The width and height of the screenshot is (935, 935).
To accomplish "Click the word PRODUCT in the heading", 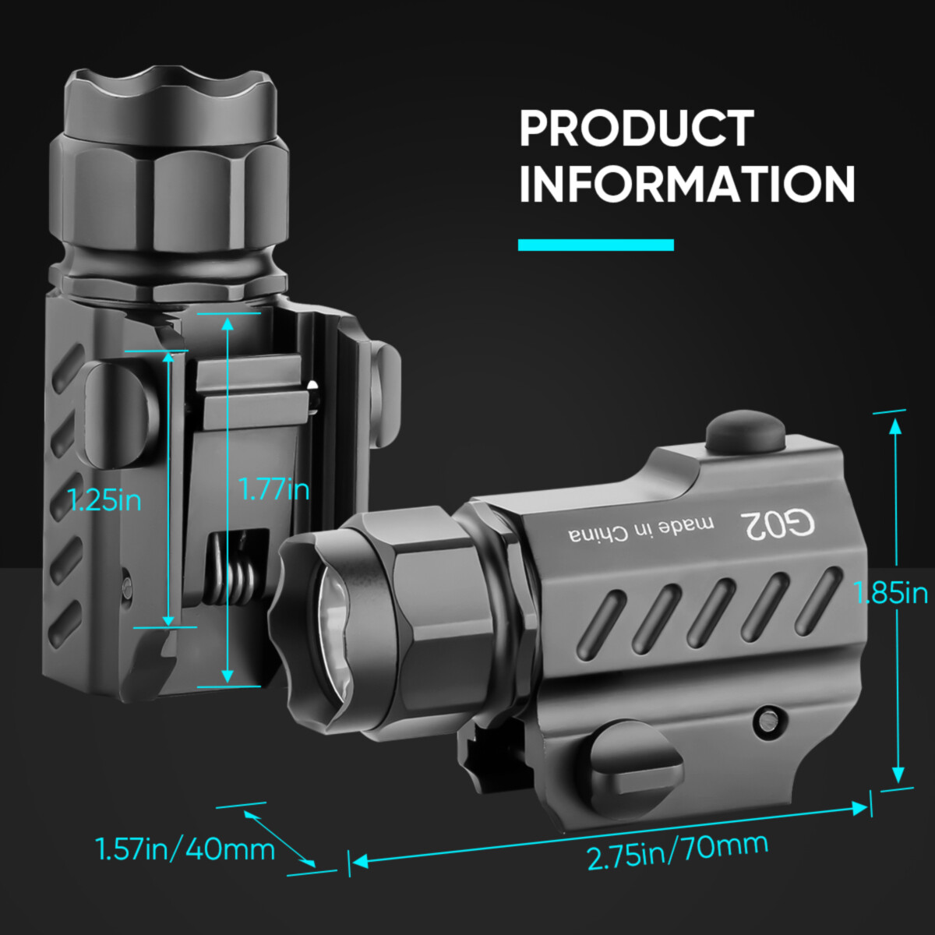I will click(637, 129).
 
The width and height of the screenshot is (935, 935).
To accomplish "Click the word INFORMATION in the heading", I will click(687, 185).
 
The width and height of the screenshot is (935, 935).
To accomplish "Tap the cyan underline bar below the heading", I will click(596, 245).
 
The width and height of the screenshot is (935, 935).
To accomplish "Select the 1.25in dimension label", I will click(105, 499).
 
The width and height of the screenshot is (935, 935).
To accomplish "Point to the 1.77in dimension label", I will click(274, 489).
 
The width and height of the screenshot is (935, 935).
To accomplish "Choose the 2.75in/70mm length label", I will click(677, 850).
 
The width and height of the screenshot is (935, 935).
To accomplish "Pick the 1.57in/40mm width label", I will click(185, 849).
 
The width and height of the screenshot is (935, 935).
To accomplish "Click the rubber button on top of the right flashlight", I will click(744, 432).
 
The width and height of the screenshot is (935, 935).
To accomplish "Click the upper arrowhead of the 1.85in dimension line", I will click(895, 425).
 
